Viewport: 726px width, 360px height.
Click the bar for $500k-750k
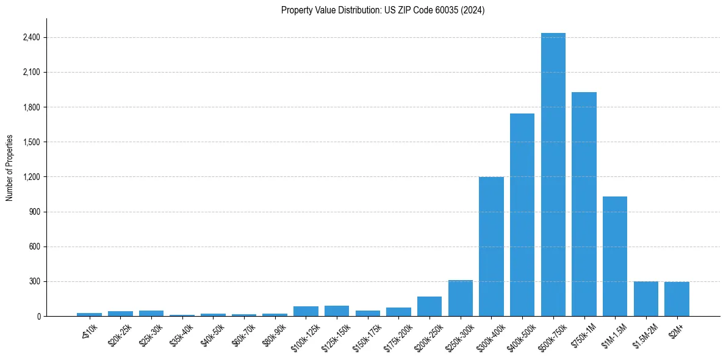(x=553, y=175)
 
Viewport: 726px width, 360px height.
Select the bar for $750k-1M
(x=584, y=204)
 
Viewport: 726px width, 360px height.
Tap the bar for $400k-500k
(x=522, y=215)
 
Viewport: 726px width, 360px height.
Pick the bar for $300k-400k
(x=491, y=247)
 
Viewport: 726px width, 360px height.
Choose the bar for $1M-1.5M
(x=615, y=256)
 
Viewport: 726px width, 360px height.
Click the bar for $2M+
(x=677, y=299)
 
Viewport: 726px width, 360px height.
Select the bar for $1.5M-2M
(x=646, y=299)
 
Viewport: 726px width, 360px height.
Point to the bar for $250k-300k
(x=461, y=298)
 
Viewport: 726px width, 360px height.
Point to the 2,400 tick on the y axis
(x=31, y=38)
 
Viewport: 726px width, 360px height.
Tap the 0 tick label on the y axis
(x=38, y=317)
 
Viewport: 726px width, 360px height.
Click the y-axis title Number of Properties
(x=10, y=168)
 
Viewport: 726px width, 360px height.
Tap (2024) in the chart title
(x=474, y=10)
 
